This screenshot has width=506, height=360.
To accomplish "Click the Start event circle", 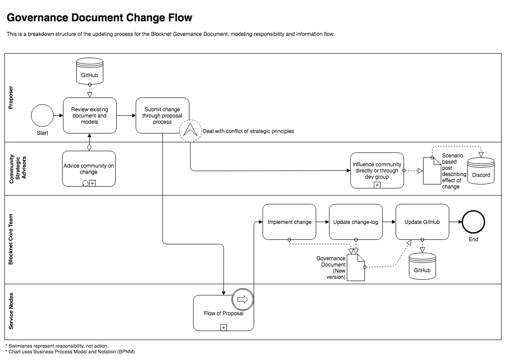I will point(42,115).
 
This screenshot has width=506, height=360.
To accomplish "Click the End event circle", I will point(473,222).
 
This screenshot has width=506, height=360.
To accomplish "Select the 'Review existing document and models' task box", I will point(90,115).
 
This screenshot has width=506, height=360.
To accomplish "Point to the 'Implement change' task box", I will point(289,222).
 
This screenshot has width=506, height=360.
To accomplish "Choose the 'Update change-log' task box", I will point(356,222).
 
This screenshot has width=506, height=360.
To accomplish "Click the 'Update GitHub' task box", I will point(422,222).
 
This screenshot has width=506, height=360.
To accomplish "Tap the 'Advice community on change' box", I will point(89,168).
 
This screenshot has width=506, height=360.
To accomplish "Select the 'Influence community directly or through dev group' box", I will point(377,170).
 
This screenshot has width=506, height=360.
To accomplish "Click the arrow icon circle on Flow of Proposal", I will point(242,300).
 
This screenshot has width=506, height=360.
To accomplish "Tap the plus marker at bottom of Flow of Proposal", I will point(224,327).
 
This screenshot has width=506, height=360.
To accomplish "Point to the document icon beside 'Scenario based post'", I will point(431,171).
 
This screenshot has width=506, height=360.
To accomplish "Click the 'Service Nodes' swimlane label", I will point(11,312).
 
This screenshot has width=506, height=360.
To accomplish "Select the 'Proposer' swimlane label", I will point(11,98).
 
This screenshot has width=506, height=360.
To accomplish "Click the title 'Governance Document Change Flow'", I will point(100,18).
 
